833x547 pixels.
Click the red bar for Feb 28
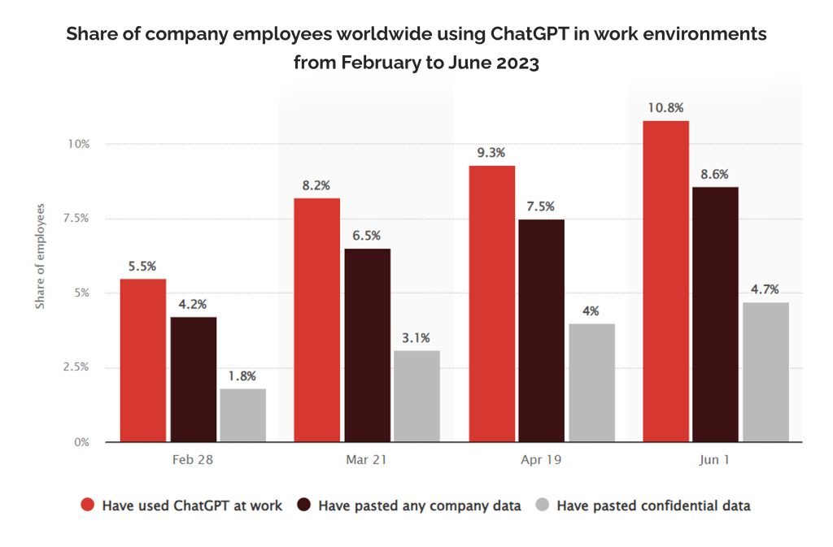click(143, 360)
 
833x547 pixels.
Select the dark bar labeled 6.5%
click(368, 345)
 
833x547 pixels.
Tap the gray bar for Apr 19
click(592, 383)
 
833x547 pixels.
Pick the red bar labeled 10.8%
click(665, 281)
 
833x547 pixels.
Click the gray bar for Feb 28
click(242, 415)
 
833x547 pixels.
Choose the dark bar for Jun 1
click(716, 315)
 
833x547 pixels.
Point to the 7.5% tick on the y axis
click(76, 218)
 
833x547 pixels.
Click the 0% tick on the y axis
click(81, 442)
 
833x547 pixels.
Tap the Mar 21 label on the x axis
click(366, 459)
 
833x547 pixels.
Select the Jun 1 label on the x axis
click(714, 459)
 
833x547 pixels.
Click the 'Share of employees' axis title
click(40, 256)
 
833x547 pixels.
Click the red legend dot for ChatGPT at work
click(87, 505)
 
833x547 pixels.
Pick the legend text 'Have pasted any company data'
click(420, 506)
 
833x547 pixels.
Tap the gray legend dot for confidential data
click(542, 505)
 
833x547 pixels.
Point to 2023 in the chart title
click(518, 63)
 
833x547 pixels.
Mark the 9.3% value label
click(491, 153)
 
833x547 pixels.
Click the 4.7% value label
click(765, 289)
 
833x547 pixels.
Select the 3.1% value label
click(416, 338)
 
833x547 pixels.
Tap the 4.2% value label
click(192, 304)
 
